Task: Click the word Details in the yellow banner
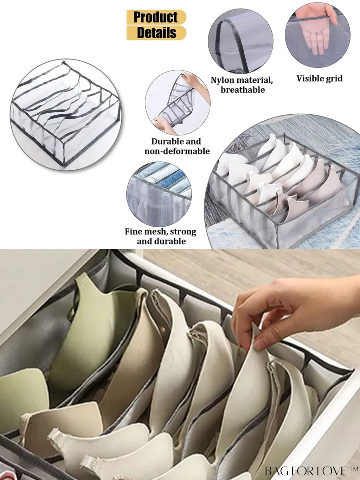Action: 156,33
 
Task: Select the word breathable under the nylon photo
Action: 243,90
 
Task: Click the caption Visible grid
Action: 319,78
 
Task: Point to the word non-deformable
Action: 177,151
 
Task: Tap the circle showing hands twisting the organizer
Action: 178,102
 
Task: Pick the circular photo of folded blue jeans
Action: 159,194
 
